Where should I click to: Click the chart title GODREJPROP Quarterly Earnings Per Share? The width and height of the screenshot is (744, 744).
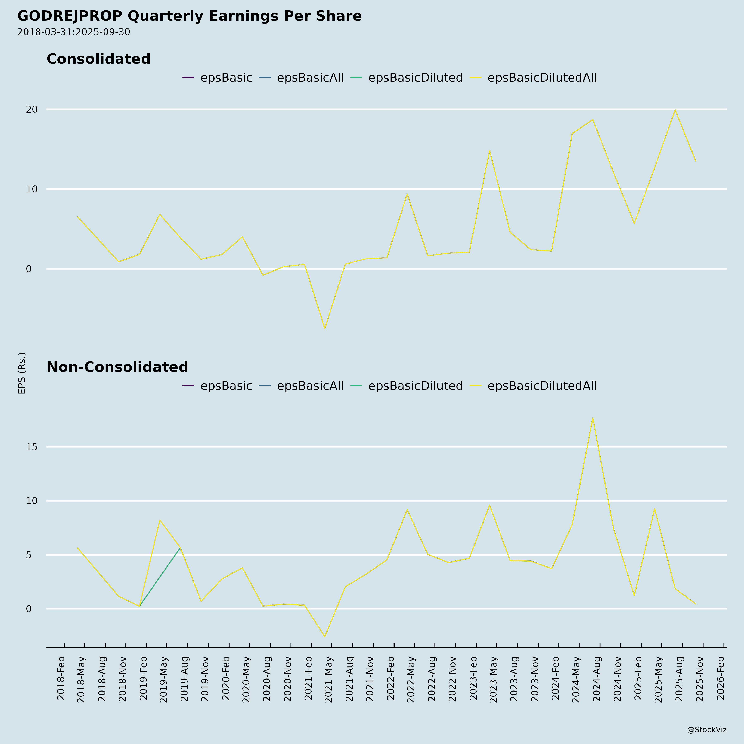190,16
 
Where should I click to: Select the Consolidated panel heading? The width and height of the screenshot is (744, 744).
99,59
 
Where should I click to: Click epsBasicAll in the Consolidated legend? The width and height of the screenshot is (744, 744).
310,78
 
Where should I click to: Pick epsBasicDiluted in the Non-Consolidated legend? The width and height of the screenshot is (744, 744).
415,386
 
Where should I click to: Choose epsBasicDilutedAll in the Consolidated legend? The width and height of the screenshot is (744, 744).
542,78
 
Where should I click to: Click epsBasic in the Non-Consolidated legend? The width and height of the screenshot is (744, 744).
226,386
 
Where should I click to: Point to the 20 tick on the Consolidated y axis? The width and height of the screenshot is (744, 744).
32,109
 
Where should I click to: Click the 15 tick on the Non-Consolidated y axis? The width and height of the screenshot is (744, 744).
32,447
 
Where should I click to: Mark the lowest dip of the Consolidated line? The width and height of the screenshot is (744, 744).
325,328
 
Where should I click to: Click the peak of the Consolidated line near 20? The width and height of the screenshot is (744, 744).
675,110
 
